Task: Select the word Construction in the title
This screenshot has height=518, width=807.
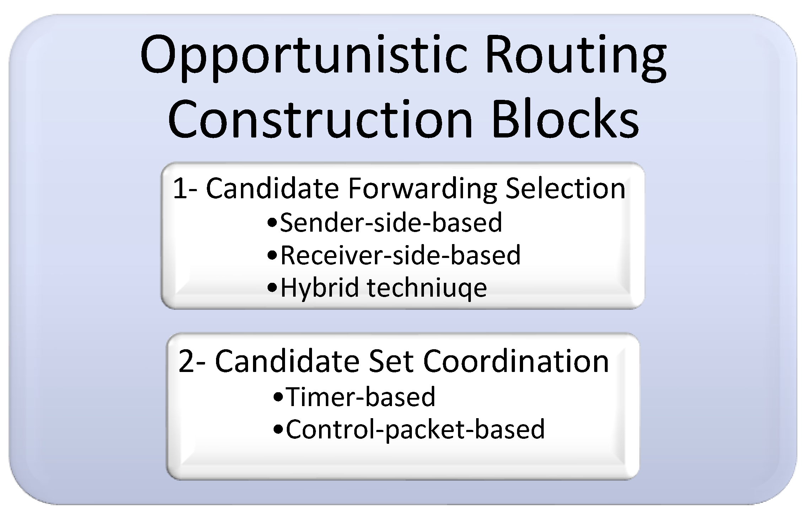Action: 320,118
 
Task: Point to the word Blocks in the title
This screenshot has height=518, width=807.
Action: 565,118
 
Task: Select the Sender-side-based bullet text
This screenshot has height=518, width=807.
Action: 391,222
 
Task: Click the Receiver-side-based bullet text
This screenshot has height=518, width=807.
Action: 400,255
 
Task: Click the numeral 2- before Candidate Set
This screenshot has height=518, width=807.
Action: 192,362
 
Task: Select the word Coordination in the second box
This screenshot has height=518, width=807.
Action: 516,362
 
